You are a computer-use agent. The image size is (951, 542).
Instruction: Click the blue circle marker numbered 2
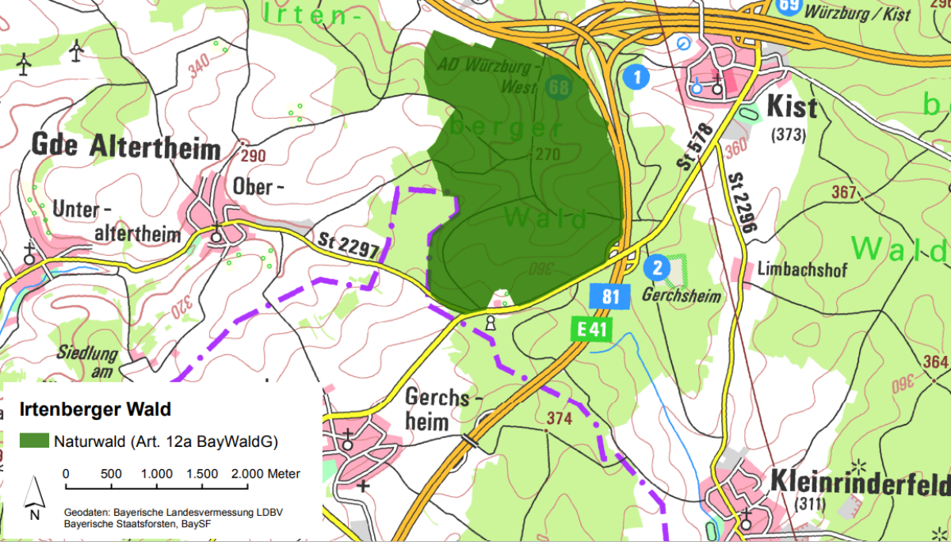[x=655, y=268]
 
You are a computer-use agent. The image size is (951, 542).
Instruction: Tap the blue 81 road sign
[x=609, y=297]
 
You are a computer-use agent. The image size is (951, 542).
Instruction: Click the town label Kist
[x=792, y=107]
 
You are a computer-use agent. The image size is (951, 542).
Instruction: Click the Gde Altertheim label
[x=125, y=147]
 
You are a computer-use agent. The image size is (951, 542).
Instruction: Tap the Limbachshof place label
[x=802, y=270]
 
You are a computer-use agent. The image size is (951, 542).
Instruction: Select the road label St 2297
[x=349, y=244]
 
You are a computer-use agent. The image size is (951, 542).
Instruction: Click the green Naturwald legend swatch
[x=34, y=441]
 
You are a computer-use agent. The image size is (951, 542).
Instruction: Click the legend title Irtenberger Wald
[x=94, y=410]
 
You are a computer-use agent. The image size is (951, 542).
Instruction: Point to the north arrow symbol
[x=32, y=496]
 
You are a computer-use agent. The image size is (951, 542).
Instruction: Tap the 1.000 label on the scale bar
[x=157, y=474]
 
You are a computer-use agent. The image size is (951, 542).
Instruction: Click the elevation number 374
[x=560, y=418]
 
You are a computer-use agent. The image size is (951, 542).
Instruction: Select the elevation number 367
[x=845, y=191]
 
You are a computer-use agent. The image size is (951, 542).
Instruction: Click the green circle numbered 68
[x=560, y=87]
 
